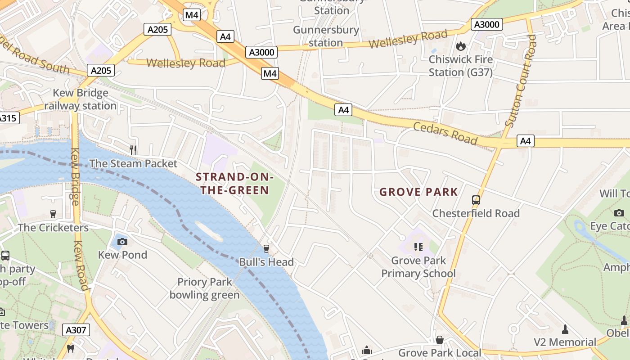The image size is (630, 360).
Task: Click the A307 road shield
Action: pyautogui.click(x=76, y=330)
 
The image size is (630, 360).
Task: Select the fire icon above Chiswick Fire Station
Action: pyautogui.click(x=460, y=46)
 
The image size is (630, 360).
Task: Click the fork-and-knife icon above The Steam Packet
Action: pyautogui.click(x=133, y=149)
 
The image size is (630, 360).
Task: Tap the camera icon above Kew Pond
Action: pyautogui.click(x=122, y=242)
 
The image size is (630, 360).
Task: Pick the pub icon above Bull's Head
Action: pyautogui.click(x=266, y=248)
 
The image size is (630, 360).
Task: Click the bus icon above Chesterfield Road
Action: pyautogui.click(x=476, y=200)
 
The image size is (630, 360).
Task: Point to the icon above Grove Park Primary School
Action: pyautogui.click(x=418, y=247)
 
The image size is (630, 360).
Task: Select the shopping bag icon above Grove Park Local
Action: pyautogui.click(x=439, y=339)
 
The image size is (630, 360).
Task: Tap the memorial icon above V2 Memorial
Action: pyautogui.click(x=565, y=329)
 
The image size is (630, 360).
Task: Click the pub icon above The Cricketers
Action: pyautogui.click(x=53, y=214)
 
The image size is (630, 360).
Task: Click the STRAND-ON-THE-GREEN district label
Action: pyautogui.click(x=234, y=184)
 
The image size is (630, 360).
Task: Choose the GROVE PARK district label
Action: pyautogui.click(x=418, y=192)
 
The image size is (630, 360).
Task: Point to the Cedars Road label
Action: pyautogui.click(x=445, y=133)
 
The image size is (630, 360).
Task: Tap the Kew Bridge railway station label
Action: pyautogui.click(x=81, y=99)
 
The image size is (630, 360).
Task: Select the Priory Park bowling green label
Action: pyautogui.click(x=205, y=288)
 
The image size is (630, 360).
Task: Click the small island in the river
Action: pyautogui.click(x=209, y=231)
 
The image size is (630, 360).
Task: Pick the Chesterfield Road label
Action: pyautogui.click(x=476, y=213)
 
